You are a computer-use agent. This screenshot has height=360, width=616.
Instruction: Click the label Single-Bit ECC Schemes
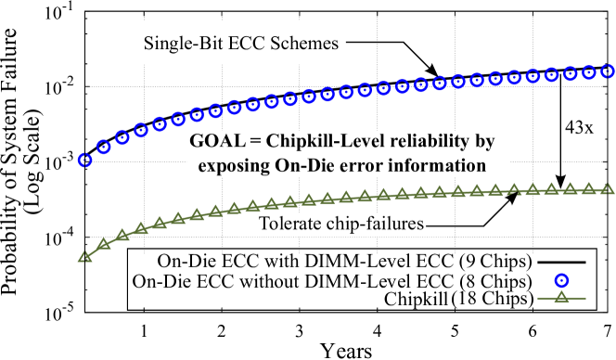[x=240, y=43]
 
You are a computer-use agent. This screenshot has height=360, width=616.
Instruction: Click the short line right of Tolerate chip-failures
[x=437, y=225]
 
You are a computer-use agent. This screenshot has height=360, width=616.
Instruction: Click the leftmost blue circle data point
[x=85, y=161]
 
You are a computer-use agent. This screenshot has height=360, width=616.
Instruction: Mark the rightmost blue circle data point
[x=609, y=71]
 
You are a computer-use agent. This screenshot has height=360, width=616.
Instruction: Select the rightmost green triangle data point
[x=609, y=188]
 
